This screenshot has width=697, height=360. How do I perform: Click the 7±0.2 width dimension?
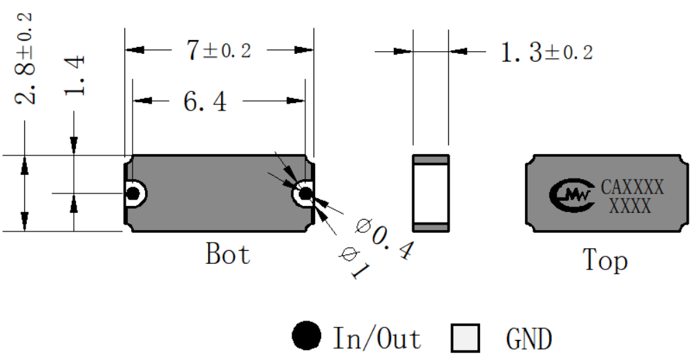[x=219, y=50]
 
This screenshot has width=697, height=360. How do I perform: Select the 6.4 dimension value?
[x=205, y=101]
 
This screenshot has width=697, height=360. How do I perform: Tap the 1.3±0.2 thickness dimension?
[x=546, y=53]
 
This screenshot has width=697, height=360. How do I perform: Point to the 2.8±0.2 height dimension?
[x=24, y=59]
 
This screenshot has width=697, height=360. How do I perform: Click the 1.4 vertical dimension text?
[x=74, y=75]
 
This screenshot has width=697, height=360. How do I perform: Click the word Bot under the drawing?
[x=227, y=254]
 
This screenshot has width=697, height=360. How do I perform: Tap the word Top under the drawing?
[x=605, y=260]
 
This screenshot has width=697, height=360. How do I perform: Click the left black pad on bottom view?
[x=133, y=193]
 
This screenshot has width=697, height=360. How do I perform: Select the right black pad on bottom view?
[x=306, y=193]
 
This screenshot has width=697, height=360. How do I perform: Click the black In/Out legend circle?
[x=306, y=336]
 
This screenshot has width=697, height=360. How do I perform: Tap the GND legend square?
[x=466, y=338]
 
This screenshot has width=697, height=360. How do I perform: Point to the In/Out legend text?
[x=377, y=339]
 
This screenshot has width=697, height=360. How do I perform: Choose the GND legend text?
[x=529, y=339]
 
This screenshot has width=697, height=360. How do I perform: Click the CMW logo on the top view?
[x=572, y=195]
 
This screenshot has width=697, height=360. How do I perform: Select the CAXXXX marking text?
[x=632, y=187]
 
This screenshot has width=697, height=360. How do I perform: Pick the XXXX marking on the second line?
[x=630, y=206]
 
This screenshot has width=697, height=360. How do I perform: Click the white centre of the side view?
[x=431, y=193]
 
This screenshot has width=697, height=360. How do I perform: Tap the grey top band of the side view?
[x=431, y=160]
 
